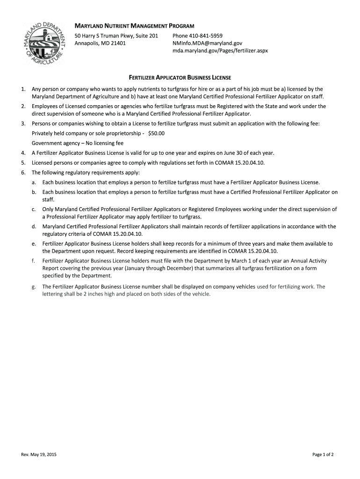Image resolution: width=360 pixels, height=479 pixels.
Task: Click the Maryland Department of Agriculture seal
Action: (45, 43)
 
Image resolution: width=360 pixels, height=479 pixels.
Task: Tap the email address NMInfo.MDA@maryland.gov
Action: (207, 43)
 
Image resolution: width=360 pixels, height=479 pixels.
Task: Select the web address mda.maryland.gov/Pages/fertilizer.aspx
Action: (220, 51)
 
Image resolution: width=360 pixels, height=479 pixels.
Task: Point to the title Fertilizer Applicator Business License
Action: (180, 77)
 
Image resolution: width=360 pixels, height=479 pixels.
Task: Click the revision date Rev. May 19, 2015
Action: (39, 454)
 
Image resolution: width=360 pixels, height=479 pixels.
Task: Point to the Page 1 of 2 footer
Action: (323, 454)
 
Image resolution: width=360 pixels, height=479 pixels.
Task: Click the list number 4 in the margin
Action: (23, 153)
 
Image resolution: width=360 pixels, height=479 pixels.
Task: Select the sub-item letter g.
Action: (34, 287)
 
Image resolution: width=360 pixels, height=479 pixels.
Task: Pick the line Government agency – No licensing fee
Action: (78, 143)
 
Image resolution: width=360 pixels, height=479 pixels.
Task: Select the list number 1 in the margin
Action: (23, 89)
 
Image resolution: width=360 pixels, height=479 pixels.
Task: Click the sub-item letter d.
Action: (34, 226)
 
